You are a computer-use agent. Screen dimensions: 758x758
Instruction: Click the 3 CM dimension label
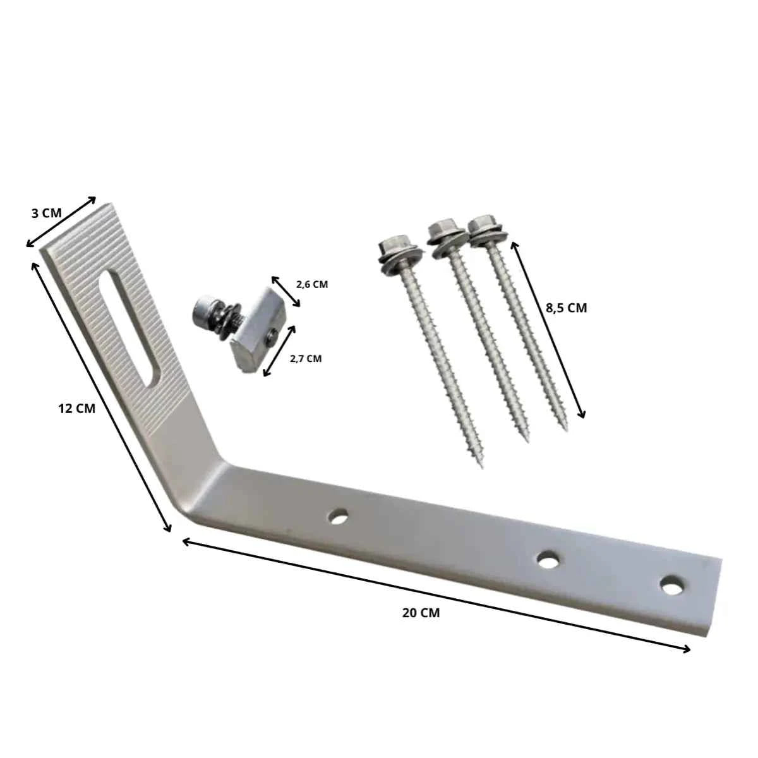coord(46,214)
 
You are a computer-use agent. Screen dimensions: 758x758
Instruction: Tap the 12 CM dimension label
coord(76,409)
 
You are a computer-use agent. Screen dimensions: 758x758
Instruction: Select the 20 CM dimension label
coord(421,613)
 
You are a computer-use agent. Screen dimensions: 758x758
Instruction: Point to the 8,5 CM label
coord(566,308)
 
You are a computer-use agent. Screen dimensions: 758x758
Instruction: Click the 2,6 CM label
coord(312,284)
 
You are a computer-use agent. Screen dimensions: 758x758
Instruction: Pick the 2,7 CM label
coord(306,358)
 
